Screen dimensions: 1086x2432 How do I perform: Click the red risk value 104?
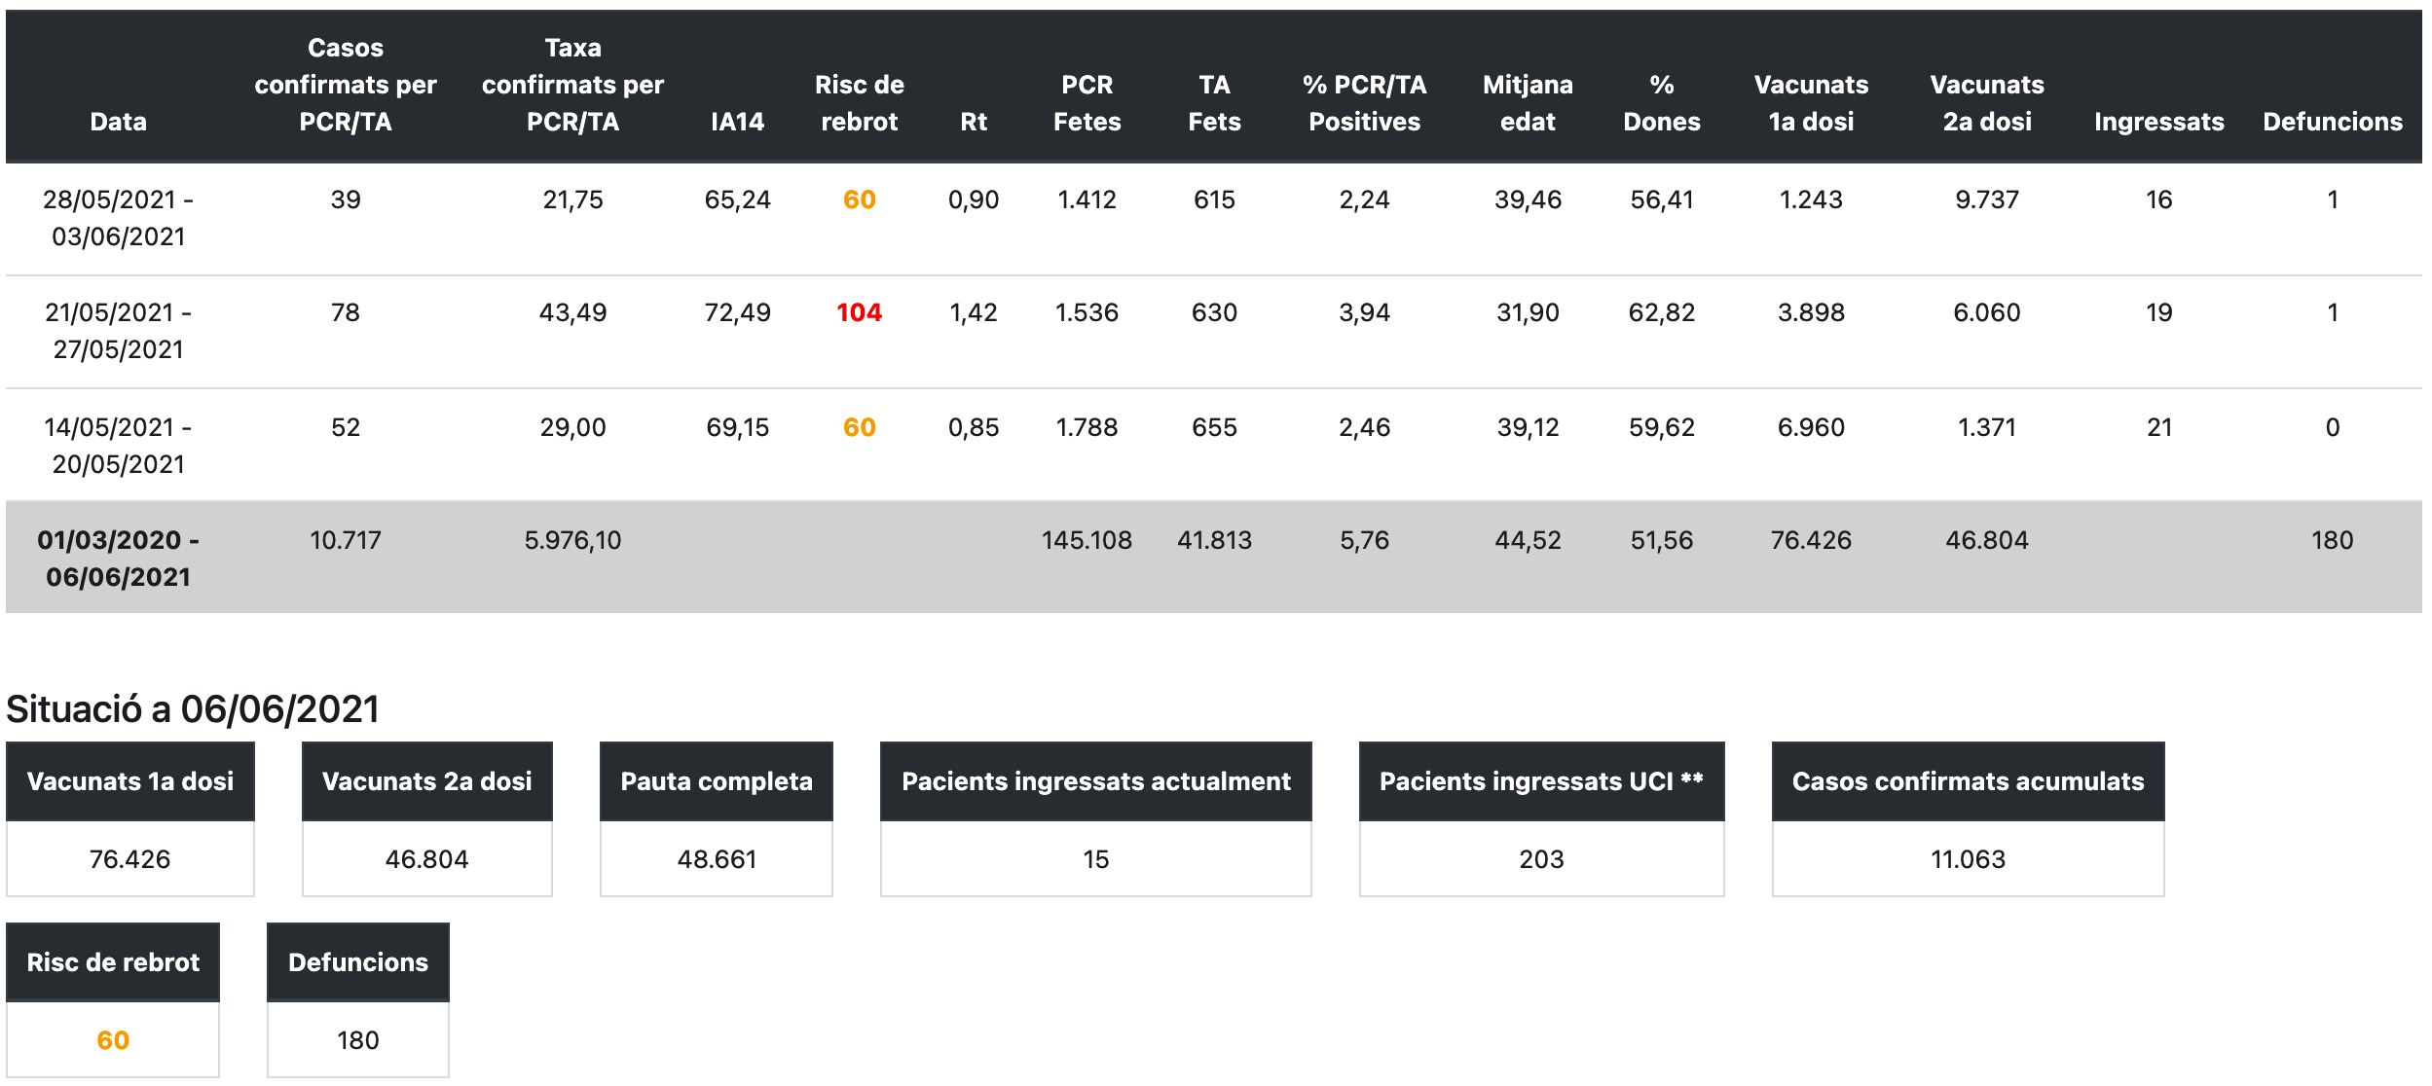tap(859, 313)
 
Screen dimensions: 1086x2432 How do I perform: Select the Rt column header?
tap(974, 122)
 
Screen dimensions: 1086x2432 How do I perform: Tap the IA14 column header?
tap(737, 122)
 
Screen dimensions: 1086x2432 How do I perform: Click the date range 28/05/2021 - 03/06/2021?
tap(118, 218)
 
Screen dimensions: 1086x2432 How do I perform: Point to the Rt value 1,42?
tap(974, 313)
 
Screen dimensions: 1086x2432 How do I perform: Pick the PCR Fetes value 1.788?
tap(1087, 427)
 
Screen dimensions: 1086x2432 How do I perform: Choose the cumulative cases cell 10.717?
tap(346, 540)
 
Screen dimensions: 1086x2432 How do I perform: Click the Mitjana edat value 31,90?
tap(1528, 313)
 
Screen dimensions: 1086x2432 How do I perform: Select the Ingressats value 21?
tap(2158, 427)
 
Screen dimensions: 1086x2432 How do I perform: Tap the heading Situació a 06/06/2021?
tap(193, 709)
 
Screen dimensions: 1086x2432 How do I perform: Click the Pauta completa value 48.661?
tap(717, 859)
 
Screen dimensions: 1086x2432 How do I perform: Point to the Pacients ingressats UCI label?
tap(1541, 781)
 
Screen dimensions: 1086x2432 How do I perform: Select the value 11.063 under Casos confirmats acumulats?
tap(1968, 859)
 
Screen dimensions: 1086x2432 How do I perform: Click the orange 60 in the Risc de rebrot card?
tap(113, 1040)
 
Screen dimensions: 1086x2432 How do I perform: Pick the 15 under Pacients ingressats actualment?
tap(1095, 859)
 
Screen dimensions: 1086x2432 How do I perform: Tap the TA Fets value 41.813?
tap(1214, 540)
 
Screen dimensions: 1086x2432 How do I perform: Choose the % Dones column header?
tap(1661, 103)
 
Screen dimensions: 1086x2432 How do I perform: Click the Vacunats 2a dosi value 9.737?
tap(1987, 200)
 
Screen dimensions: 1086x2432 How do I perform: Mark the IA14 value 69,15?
tap(737, 427)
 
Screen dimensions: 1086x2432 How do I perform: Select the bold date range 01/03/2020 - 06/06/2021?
tap(118, 559)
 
